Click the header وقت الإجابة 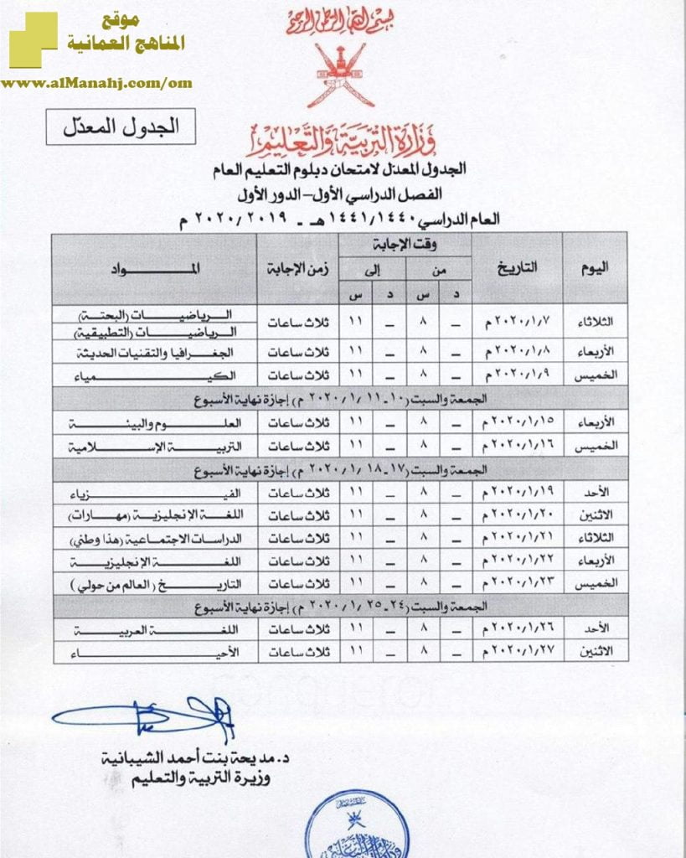tap(405, 245)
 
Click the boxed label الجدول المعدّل tap(121, 127)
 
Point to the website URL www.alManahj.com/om tap(97, 83)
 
